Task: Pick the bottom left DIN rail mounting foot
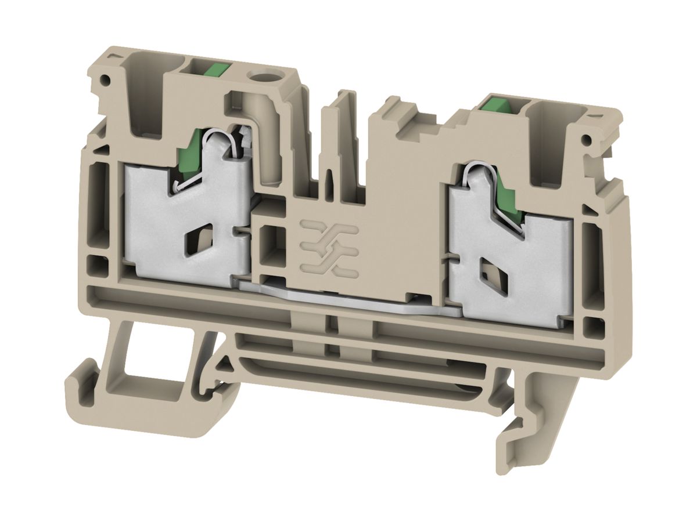(x=110, y=394)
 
